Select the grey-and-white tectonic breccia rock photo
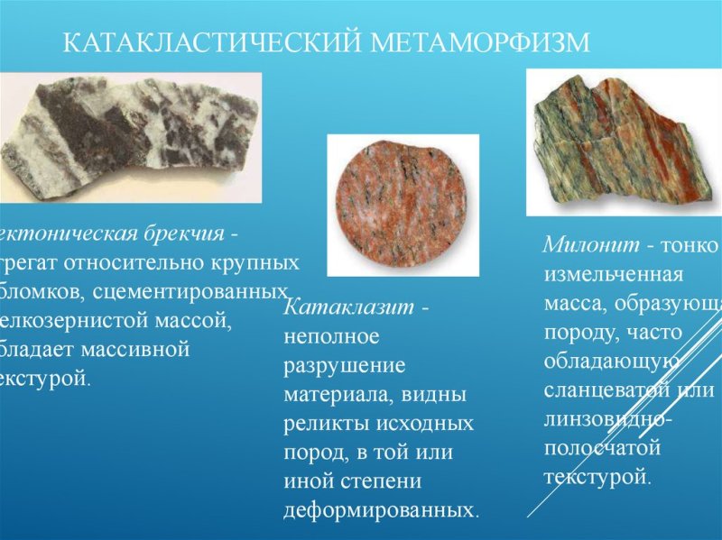(x=131, y=135)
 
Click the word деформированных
(x=378, y=510)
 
